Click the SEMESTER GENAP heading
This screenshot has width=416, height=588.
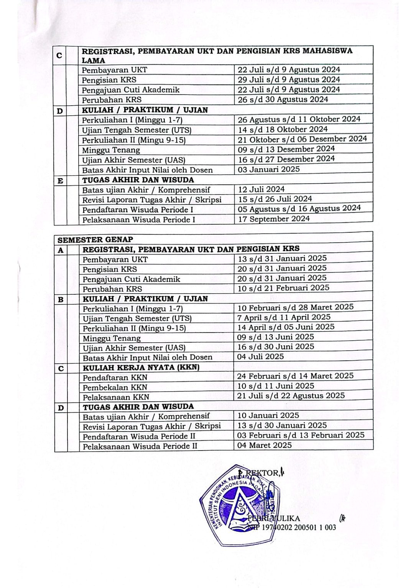(95, 240)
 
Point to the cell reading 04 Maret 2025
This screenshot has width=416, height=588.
(264, 445)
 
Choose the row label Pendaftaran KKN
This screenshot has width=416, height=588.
(115, 377)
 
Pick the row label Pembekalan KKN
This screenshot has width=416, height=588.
(115, 387)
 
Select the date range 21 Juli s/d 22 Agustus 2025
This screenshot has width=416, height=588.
(291, 395)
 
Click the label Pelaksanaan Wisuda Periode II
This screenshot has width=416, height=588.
(140, 446)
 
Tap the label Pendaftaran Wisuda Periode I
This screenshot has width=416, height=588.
(138, 210)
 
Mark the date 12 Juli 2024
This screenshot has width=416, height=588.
(261, 189)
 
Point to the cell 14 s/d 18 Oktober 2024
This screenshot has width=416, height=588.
(283, 129)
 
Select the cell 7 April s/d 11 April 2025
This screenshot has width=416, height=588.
(284, 317)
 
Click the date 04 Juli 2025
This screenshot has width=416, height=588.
(260, 356)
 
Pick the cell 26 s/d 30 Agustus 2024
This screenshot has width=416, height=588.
(283, 100)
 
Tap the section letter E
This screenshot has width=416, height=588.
(60, 181)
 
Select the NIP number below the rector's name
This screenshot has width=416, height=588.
(293, 528)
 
